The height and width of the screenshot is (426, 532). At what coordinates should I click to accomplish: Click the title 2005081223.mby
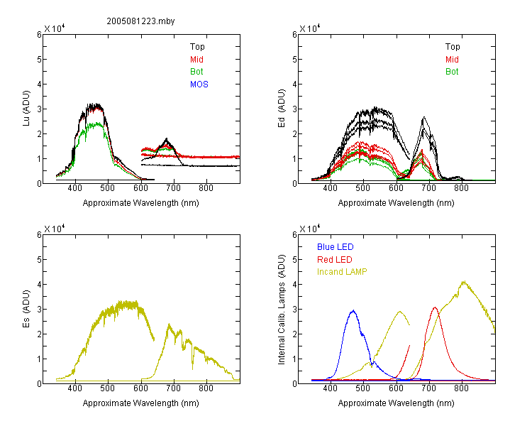[x=140, y=21]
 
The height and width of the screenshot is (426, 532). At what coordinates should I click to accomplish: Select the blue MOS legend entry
[x=199, y=84]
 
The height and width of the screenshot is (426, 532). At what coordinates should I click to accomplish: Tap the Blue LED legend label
[x=336, y=247]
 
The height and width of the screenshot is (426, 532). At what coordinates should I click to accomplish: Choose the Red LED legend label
[x=335, y=260]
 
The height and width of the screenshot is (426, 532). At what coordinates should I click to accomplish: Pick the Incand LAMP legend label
[x=342, y=272]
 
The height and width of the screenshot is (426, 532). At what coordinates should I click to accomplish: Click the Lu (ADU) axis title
[x=26, y=109]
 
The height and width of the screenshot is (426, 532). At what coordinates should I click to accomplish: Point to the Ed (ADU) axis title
[x=282, y=109]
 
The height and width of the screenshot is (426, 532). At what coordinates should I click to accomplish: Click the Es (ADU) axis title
[x=26, y=309]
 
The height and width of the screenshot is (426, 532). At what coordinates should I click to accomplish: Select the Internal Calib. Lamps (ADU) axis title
[x=282, y=310]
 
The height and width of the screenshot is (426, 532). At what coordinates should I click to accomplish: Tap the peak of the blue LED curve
[x=353, y=310]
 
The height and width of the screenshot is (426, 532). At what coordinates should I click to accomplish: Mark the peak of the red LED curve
[x=435, y=307]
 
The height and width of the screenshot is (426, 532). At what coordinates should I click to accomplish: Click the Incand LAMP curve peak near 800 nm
[x=463, y=282]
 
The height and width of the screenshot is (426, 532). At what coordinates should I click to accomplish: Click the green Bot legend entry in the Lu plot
[x=196, y=72]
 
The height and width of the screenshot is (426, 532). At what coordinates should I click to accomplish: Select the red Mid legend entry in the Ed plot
[x=452, y=60]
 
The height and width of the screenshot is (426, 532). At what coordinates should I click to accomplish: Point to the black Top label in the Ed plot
[x=453, y=47]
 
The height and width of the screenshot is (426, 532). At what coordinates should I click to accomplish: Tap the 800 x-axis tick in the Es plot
[x=206, y=388]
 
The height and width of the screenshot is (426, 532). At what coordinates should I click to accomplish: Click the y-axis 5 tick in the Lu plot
[x=39, y=60]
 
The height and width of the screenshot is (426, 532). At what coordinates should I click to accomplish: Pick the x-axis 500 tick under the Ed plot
[x=363, y=188]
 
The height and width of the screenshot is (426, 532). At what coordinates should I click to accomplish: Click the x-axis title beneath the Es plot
[x=141, y=403]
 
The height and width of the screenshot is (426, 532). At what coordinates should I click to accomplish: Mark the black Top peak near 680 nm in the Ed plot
[x=423, y=118]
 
